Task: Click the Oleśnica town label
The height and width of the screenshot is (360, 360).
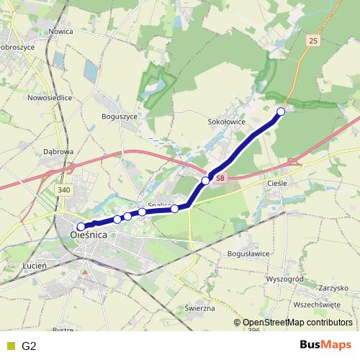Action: [89, 235]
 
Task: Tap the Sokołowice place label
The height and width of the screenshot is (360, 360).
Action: [227, 122]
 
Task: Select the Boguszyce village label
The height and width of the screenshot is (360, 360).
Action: [120, 115]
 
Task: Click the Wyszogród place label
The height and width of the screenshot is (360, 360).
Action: [287, 276]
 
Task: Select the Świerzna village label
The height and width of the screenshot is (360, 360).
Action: [200, 308]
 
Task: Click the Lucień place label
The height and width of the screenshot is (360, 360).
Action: [35, 266]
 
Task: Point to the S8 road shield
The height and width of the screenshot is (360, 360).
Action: [220, 177]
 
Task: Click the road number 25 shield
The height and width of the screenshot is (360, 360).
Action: [312, 41]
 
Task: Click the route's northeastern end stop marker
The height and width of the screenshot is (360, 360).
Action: [281, 112]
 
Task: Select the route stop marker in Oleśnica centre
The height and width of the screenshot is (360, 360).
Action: [81, 226]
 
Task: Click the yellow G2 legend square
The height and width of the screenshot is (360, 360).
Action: [9, 346]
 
